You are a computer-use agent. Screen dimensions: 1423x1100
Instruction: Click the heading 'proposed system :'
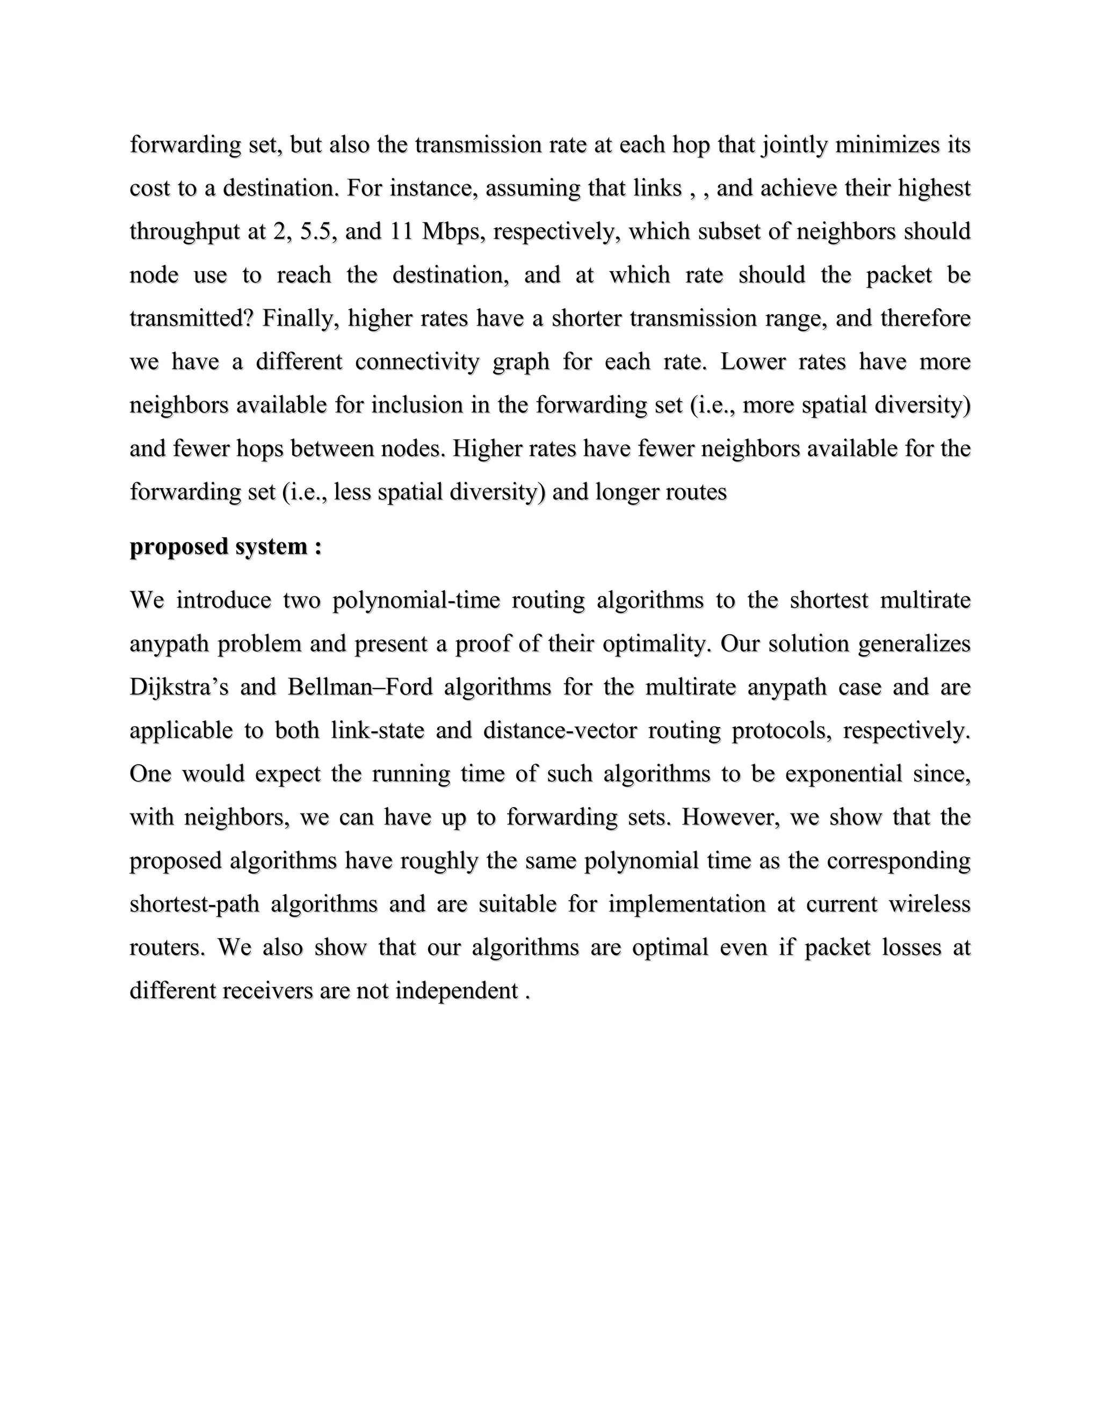[226, 546]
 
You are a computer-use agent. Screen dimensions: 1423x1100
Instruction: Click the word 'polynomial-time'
[416, 599]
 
